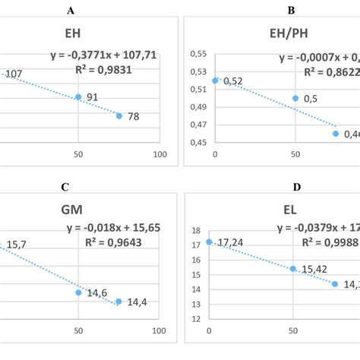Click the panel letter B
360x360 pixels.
pyautogui.click(x=270, y=11)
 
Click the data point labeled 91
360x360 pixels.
pyautogui.click(x=78, y=97)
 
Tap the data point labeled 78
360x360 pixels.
pyautogui.click(x=119, y=115)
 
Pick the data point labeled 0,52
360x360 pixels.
pyautogui.click(x=216, y=80)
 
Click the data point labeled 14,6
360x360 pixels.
pyautogui.click(x=78, y=292)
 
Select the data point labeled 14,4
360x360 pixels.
pyautogui.click(x=118, y=302)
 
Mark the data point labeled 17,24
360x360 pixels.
pyautogui.click(x=210, y=242)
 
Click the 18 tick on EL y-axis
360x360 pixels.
pyautogui.click(x=195, y=231)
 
